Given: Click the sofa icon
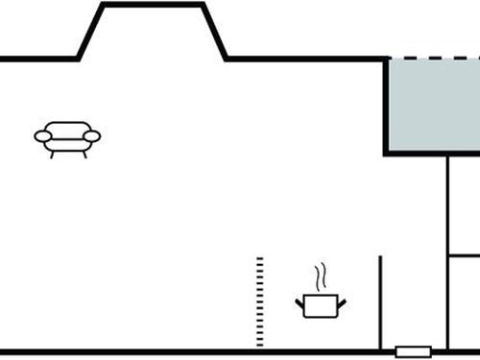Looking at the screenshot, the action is pyautogui.click(x=67, y=138).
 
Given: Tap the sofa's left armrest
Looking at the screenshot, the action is pyautogui.click(x=42, y=137).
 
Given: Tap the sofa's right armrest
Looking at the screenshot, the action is pyautogui.click(x=92, y=137).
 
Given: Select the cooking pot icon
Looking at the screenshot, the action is pyautogui.click(x=321, y=305).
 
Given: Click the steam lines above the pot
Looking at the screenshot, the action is pyautogui.click(x=324, y=277).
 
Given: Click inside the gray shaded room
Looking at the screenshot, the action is pyautogui.click(x=432, y=106).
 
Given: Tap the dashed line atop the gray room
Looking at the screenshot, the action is pyautogui.click(x=432, y=59).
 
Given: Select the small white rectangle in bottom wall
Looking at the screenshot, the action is pyautogui.click(x=413, y=351).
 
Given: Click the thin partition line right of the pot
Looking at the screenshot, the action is pyautogui.click(x=381, y=302).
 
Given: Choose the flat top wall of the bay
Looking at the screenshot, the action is pyautogui.click(x=154, y=5).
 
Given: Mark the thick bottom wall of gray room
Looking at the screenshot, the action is pyautogui.click(x=432, y=154).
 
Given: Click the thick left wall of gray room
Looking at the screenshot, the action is pyautogui.click(x=386, y=106).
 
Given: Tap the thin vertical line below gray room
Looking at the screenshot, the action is pyautogui.click(x=448, y=250).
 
